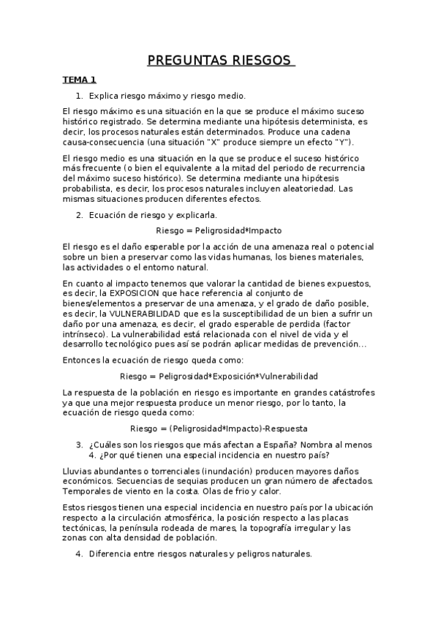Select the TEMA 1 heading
(x=79, y=80)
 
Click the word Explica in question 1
(x=104, y=96)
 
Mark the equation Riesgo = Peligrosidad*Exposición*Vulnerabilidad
(x=219, y=376)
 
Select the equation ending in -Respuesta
(x=219, y=428)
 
